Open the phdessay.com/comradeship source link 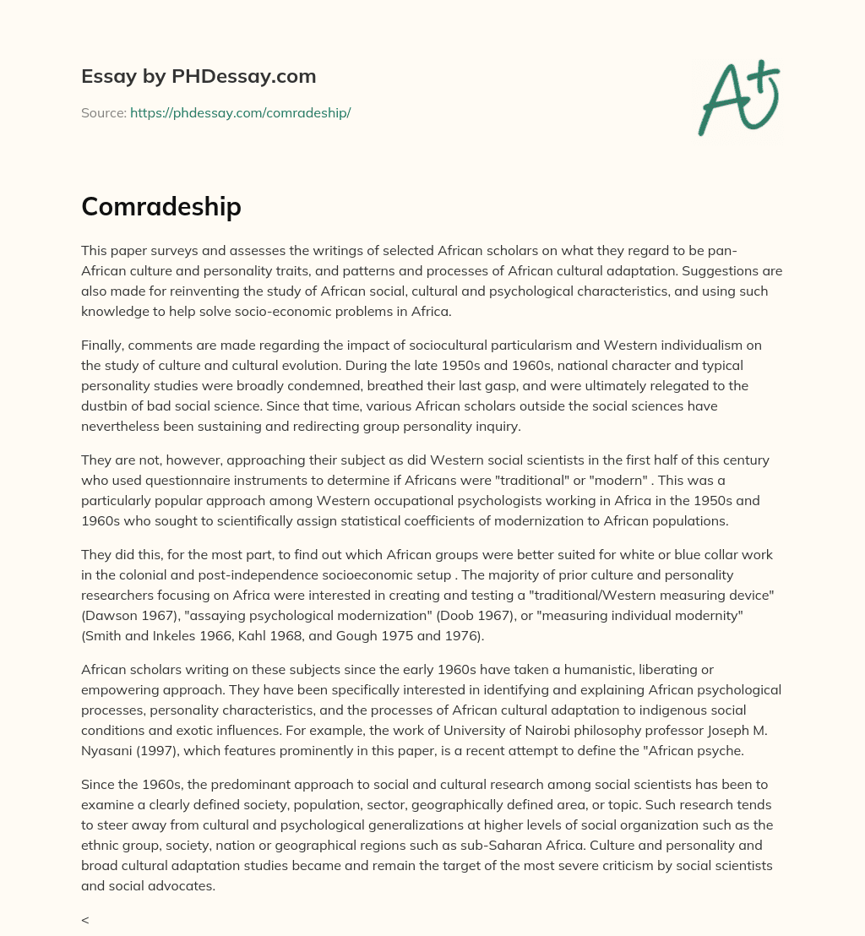(240, 112)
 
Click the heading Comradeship (161, 207)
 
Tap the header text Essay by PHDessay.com (199, 77)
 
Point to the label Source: (103, 112)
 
